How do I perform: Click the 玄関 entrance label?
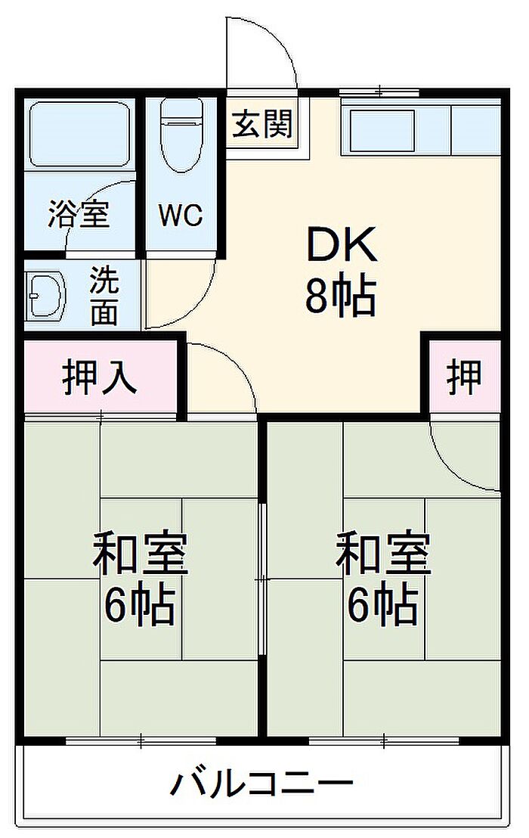(x=262, y=124)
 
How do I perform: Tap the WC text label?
(x=181, y=215)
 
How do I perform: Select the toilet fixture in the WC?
(x=181, y=134)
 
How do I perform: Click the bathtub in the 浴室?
(x=79, y=134)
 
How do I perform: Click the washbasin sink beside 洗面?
(x=46, y=295)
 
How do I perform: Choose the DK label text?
(x=342, y=244)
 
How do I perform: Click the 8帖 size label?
(x=341, y=296)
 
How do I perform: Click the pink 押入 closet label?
(x=100, y=378)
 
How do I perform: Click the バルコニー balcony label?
(x=261, y=784)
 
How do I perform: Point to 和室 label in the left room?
(x=140, y=553)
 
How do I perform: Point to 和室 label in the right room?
(x=382, y=553)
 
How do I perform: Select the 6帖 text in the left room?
(x=139, y=606)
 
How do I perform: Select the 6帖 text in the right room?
(x=382, y=606)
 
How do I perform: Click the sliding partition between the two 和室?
(x=262, y=579)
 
